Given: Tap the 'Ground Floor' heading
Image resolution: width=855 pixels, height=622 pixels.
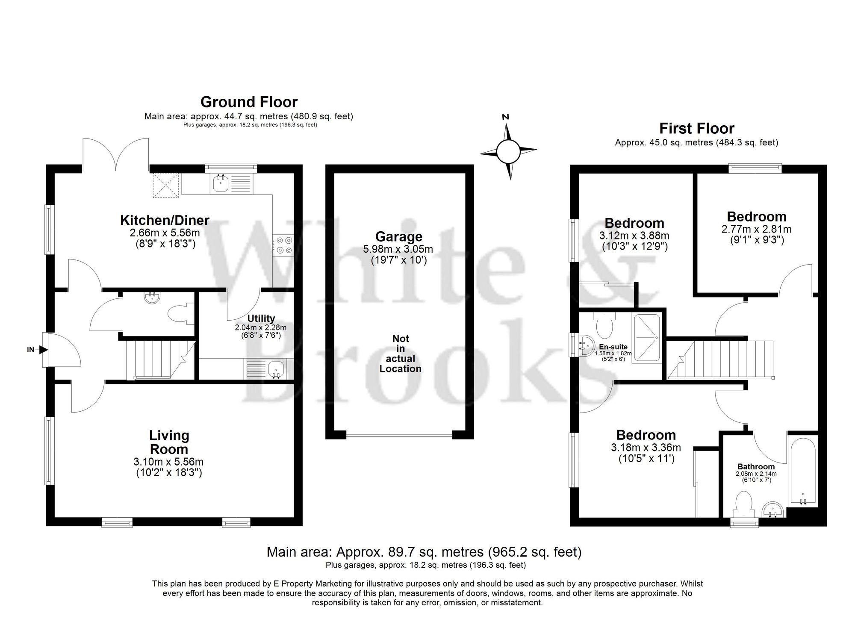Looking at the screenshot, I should point(249,102).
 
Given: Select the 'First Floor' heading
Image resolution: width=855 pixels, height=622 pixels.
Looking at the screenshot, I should point(696,128).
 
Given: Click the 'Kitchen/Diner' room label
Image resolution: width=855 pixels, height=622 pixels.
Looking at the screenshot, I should point(165,221).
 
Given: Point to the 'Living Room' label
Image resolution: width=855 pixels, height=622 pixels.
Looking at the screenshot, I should point(169,442).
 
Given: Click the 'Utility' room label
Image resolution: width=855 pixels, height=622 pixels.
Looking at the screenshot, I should point(261,318).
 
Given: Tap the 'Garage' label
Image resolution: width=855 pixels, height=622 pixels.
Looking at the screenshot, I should point(398,236).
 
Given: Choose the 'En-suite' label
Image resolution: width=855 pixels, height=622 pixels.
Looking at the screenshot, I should point(613,347).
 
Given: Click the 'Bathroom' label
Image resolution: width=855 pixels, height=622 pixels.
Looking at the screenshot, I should point(756,466).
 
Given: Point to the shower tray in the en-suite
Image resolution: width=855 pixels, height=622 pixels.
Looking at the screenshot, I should point(646,338).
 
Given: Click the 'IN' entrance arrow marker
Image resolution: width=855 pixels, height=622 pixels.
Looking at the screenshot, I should point(36,350).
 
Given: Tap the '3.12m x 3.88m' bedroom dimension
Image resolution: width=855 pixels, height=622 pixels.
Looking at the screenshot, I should point(634,236).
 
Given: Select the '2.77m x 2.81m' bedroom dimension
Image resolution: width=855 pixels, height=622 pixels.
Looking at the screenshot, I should point(756,229).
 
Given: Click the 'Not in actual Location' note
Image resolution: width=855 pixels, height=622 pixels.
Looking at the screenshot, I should point(401,354).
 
